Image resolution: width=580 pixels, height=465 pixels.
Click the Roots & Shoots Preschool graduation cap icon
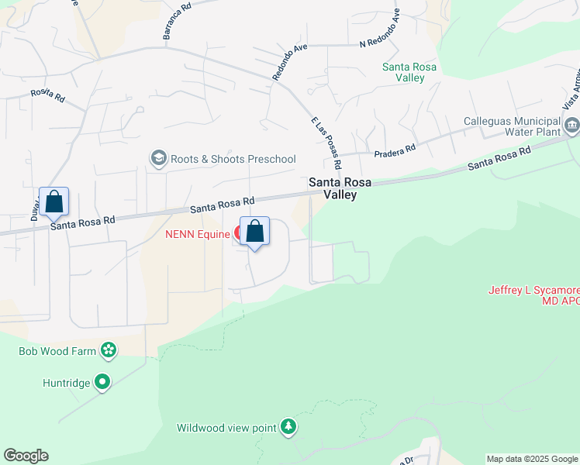[x=159, y=159]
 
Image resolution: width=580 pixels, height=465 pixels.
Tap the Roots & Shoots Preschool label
[x=233, y=160]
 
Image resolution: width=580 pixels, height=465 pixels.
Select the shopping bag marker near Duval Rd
[x=54, y=201]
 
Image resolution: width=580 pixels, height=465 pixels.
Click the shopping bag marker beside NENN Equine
[x=254, y=231]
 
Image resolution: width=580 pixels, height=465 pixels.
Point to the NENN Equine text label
[x=197, y=233]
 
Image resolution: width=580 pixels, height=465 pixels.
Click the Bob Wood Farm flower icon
[x=109, y=351]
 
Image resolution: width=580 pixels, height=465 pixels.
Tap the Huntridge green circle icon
[x=102, y=382]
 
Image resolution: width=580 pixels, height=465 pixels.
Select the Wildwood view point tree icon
[x=288, y=427]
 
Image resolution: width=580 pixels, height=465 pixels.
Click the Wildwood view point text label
[x=226, y=428]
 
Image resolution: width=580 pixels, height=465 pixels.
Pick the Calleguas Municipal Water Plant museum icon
[x=572, y=125]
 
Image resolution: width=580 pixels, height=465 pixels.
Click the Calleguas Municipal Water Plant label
[x=512, y=127]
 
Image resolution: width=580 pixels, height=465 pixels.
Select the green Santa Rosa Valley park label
[x=409, y=72]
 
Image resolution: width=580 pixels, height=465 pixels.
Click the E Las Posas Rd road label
[x=326, y=143]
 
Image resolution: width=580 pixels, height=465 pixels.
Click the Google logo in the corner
[x=26, y=456]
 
